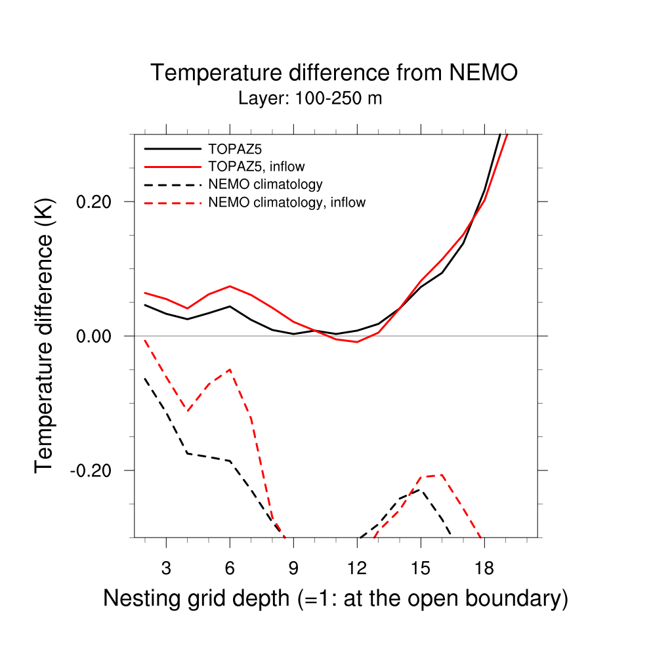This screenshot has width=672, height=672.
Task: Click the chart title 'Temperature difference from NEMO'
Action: point(334,73)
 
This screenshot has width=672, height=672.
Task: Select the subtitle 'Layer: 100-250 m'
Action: point(310,99)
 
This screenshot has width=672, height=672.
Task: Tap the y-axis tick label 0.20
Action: point(96,201)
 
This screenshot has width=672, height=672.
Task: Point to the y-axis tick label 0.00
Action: point(96,336)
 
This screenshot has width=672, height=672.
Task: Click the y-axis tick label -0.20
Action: point(94,471)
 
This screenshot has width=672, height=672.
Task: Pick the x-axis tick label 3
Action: point(166,568)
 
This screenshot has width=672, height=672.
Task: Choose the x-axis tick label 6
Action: point(230,568)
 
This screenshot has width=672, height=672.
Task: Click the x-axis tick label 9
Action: point(293,568)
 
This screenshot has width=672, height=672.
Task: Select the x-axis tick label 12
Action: point(357,568)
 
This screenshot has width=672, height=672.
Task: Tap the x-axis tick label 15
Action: point(421,568)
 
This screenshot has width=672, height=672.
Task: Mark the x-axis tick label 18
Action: point(484,568)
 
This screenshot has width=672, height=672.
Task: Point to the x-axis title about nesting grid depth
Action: point(335,598)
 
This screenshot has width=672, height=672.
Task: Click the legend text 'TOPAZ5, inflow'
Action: point(256,166)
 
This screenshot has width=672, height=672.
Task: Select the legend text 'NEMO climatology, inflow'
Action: point(287,203)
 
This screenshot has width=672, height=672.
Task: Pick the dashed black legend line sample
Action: point(172,184)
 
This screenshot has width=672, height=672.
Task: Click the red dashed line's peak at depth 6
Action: point(230,369)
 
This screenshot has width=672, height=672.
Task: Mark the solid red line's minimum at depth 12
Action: point(357,342)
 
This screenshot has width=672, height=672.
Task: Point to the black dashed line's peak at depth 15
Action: point(421,490)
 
